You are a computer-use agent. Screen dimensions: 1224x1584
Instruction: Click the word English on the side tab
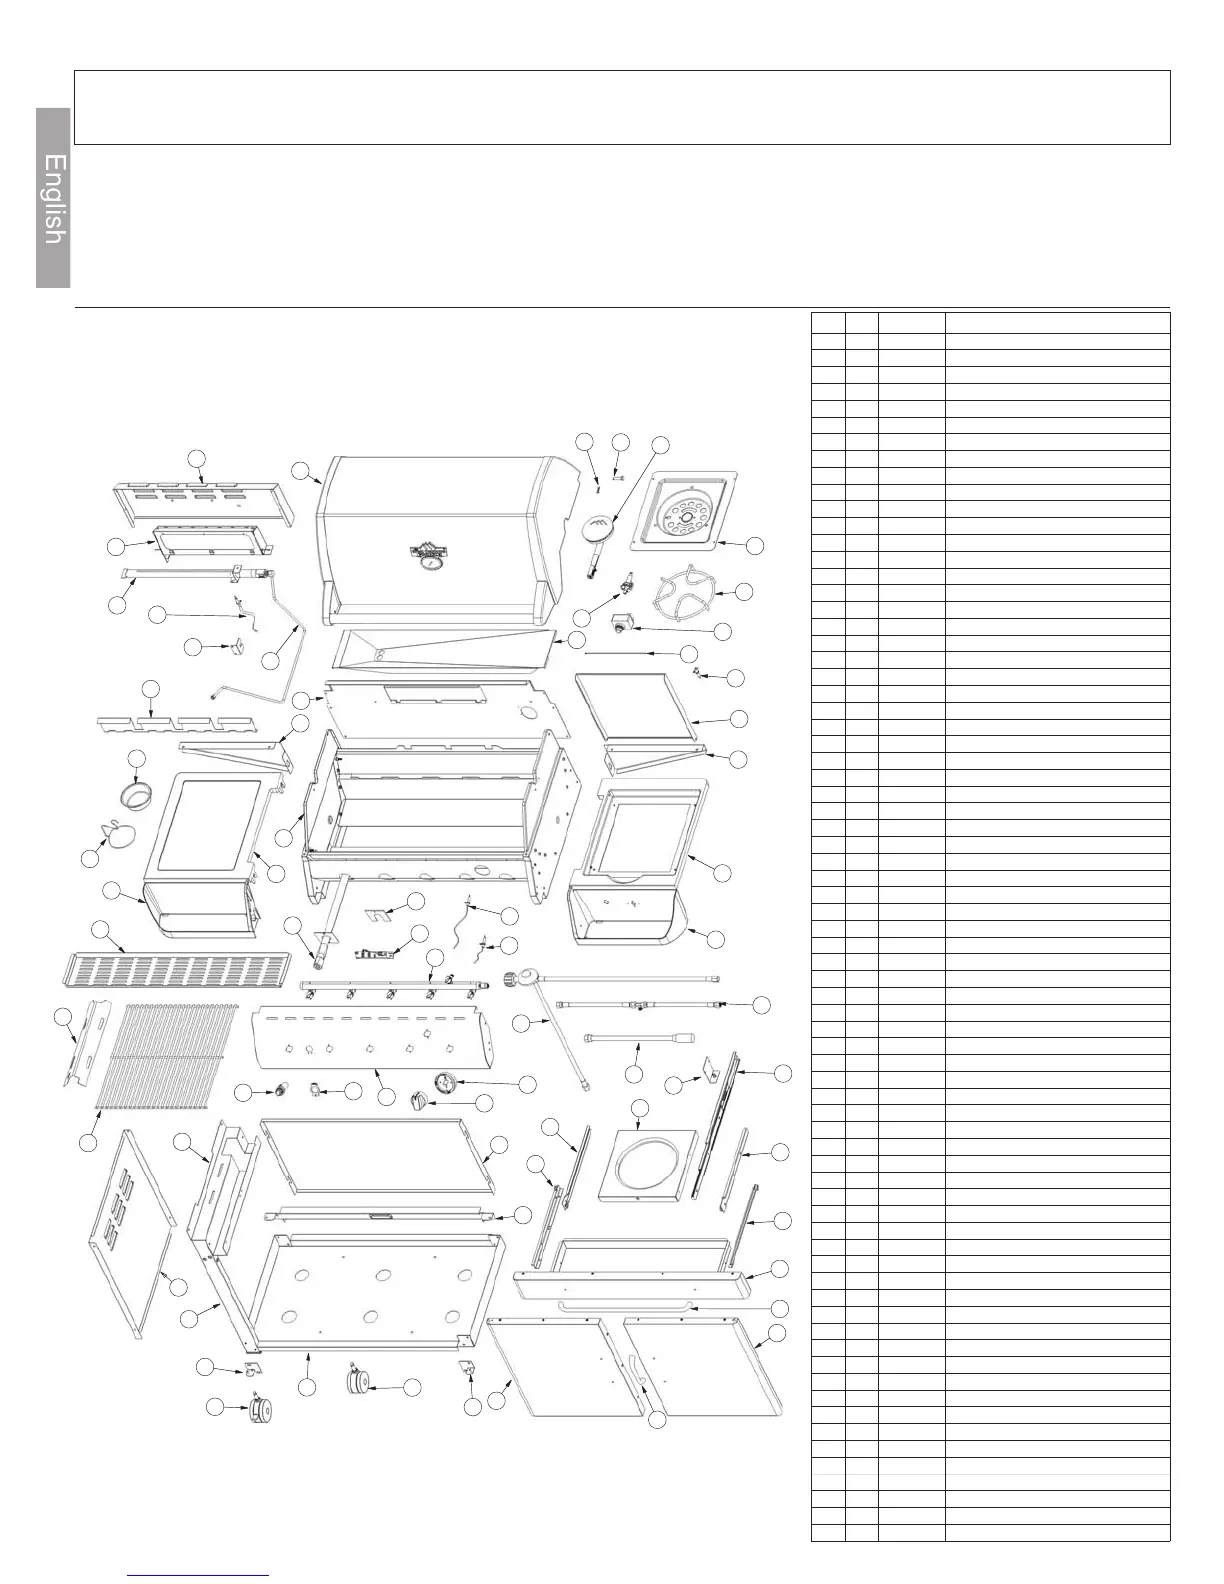[55, 199]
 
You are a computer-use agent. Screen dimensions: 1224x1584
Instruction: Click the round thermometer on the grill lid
[431, 564]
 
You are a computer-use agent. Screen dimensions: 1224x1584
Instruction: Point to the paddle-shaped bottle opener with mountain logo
[600, 528]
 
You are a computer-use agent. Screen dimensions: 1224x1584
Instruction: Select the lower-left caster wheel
[263, 1410]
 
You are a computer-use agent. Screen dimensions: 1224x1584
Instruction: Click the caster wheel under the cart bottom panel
[358, 1382]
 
